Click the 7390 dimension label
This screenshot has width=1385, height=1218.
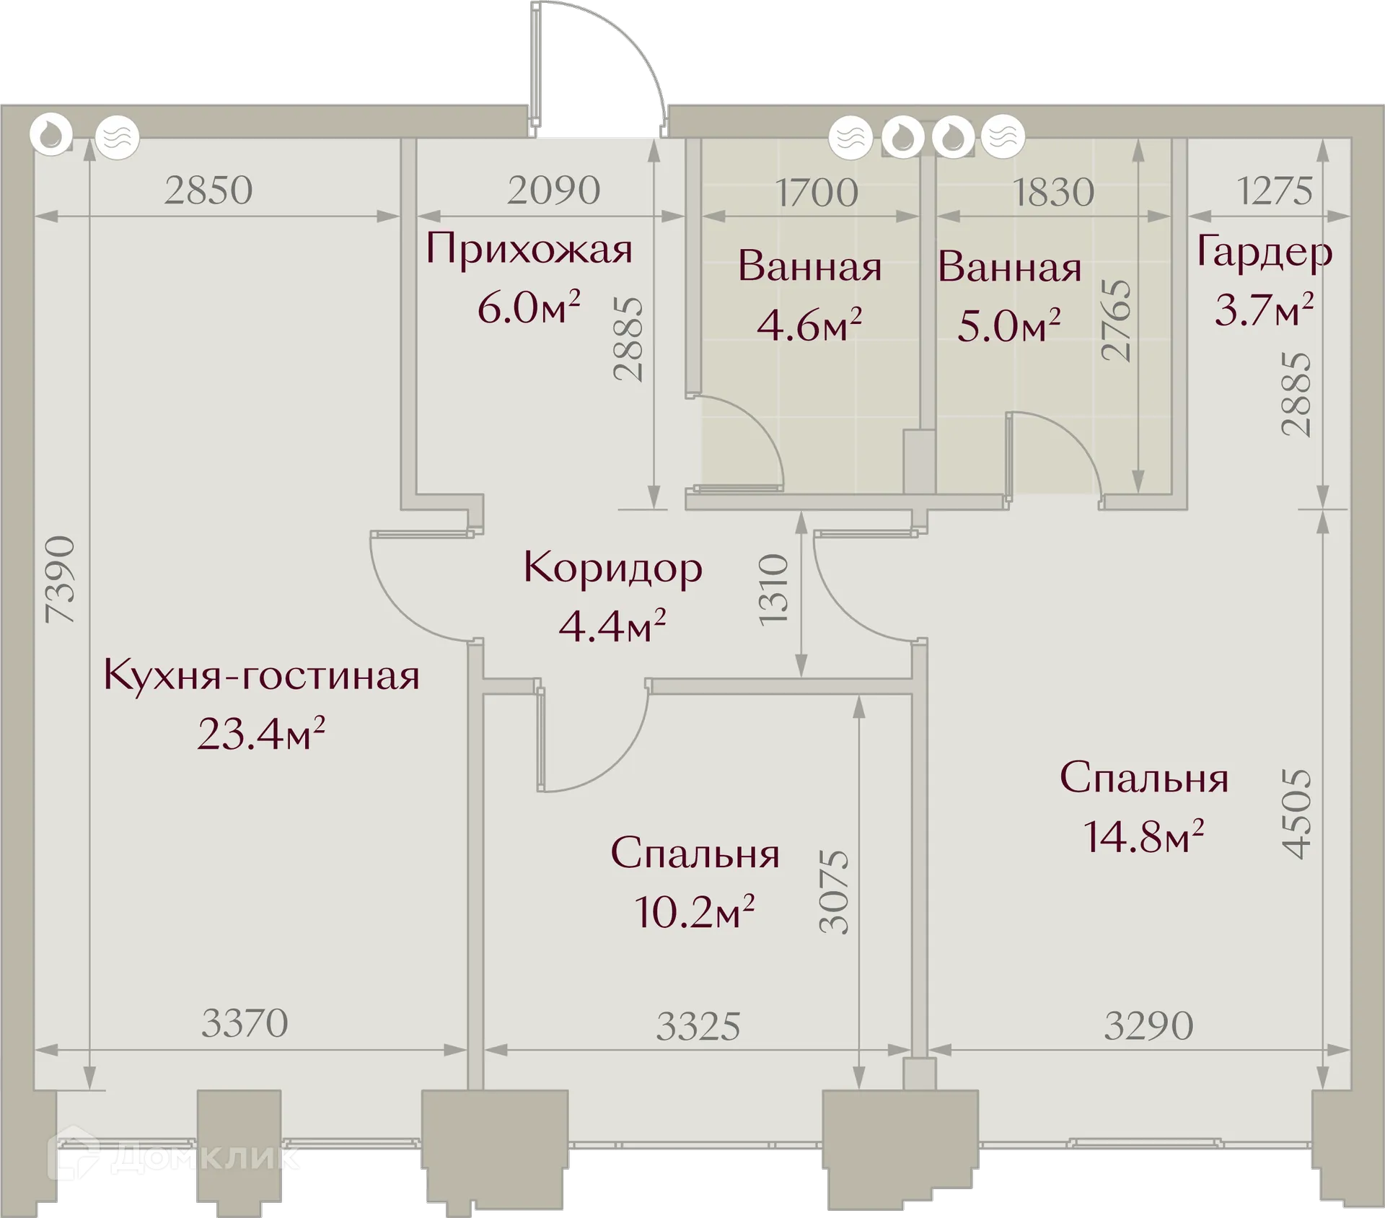click(59, 579)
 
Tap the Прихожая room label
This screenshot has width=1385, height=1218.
click(529, 250)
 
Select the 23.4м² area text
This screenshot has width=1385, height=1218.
click(261, 734)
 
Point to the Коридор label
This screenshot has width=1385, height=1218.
click(612, 569)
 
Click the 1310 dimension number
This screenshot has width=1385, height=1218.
click(773, 590)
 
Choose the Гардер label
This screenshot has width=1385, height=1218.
click(1264, 253)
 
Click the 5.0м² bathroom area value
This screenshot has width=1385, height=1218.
click(1008, 325)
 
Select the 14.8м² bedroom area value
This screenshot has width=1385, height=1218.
click(1143, 836)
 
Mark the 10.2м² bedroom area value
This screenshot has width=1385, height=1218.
click(694, 911)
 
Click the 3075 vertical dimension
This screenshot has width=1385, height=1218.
click(835, 892)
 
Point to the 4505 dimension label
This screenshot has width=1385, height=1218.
click(1296, 814)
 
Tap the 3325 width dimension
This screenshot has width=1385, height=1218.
click(698, 1026)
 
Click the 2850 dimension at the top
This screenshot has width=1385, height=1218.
click(208, 190)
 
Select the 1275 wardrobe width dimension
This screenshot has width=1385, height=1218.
click(1274, 191)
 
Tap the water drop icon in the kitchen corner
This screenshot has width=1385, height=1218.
click(51, 135)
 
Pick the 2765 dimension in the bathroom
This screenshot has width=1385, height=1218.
click(1116, 320)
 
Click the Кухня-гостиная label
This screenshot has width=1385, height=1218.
click(261, 676)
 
